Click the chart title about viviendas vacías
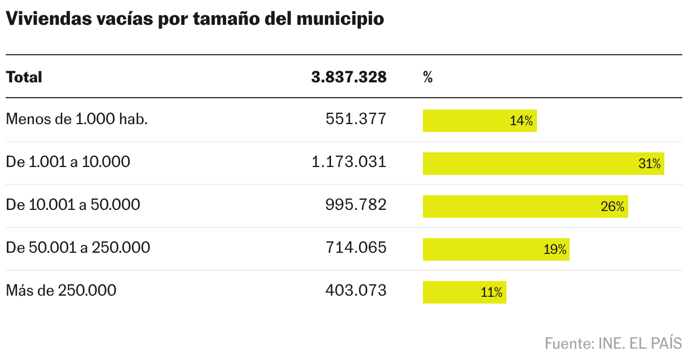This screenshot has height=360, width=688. pos(195,19)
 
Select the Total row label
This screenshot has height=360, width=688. pos(24,77)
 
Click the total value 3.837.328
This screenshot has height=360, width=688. pos(349,77)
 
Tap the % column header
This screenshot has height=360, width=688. pos(427,77)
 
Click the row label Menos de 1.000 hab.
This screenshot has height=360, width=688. pos(77,120)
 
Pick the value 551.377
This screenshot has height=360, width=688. pos(356,120)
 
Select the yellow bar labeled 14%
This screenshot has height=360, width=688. pos(479,121)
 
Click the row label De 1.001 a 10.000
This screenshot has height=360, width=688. pos(68,163)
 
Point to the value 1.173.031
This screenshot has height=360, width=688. pos(349,163)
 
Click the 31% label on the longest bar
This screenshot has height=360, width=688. pos(649,164)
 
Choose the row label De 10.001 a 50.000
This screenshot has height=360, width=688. pos(73,205)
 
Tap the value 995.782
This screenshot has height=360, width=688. pos(356,205)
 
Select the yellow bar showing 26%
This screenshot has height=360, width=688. pos(525,207)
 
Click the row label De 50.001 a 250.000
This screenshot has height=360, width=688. pos(78,248)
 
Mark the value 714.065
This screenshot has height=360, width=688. pos(356,248)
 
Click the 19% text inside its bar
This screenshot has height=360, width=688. pos(555,249)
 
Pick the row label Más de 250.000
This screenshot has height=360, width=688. pos(61,291)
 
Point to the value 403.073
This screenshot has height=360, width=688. pos(356,291)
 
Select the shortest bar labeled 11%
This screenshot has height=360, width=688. pos(464,292)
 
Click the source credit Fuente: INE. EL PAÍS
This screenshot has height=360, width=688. pos(613,343)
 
